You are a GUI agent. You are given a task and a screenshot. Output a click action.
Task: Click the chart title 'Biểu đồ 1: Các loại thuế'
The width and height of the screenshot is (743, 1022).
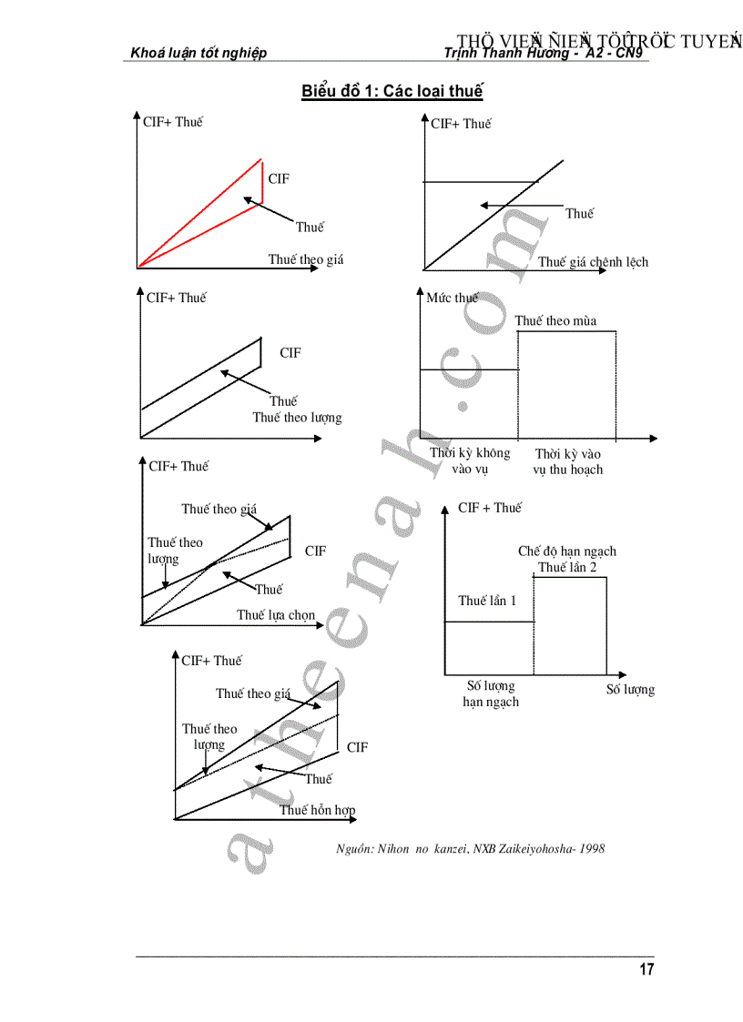click(392, 91)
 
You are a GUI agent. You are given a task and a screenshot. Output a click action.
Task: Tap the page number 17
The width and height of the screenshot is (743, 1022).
click(646, 969)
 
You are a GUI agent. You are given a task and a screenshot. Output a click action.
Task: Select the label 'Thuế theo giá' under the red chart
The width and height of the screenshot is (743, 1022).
click(306, 259)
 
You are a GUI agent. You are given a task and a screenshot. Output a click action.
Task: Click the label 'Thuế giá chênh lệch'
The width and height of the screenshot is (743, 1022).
click(593, 262)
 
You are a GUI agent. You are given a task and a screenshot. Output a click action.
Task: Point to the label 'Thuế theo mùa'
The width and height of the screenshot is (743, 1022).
click(555, 320)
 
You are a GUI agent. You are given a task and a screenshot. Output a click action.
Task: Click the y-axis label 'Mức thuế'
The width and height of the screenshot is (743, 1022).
click(452, 298)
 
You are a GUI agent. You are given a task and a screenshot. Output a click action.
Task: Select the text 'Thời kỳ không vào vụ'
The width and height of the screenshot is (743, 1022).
click(470, 461)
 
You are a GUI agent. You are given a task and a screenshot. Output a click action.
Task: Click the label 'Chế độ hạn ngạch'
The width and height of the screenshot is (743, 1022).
click(567, 551)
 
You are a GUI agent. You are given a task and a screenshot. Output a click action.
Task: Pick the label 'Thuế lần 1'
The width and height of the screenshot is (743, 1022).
click(487, 601)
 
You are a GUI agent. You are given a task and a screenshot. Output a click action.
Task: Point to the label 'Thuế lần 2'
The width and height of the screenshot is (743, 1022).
click(567, 567)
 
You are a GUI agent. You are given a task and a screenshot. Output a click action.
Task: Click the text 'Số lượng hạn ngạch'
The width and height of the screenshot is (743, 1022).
click(491, 693)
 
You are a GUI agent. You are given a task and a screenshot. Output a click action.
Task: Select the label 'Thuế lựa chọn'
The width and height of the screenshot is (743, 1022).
click(276, 615)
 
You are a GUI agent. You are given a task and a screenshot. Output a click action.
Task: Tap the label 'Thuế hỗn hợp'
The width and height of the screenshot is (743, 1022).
click(317, 810)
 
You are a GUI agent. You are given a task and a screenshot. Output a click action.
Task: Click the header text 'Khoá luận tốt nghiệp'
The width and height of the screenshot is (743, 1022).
click(198, 53)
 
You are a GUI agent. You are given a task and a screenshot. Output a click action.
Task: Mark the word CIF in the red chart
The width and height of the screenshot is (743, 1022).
click(279, 179)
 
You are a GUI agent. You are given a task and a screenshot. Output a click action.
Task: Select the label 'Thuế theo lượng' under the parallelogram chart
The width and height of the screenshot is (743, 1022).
click(297, 418)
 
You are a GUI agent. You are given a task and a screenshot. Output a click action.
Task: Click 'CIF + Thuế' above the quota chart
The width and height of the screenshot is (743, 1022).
click(490, 508)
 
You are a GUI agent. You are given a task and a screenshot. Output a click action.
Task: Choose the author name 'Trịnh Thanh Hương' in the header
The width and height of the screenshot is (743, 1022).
click(503, 53)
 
